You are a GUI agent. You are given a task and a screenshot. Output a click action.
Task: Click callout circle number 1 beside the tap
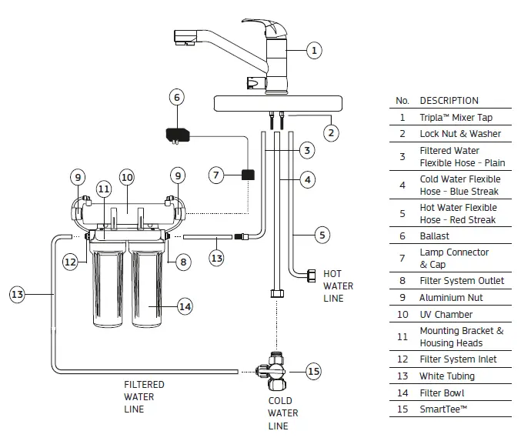[313, 51]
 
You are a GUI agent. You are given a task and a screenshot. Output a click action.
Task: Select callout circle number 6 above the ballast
[177, 97]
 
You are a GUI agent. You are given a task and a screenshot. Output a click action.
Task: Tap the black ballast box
[181, 135]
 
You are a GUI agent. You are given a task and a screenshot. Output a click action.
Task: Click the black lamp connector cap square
[248, 174]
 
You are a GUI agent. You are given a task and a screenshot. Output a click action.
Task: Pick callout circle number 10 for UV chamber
[127, 177]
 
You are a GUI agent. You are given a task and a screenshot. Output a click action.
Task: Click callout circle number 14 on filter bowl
[185, 306]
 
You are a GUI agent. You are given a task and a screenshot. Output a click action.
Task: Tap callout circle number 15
[313, 372]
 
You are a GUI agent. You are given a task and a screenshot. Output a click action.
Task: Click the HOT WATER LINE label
[338, 286]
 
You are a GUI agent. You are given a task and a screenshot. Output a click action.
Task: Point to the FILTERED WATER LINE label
[144, 397]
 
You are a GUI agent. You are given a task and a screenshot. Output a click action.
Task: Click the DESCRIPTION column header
[449, 101]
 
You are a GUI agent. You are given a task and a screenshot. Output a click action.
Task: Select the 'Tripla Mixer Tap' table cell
[456, 118]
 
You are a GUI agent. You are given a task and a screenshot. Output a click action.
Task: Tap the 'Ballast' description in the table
[435, 236]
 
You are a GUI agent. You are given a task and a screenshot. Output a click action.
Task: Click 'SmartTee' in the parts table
[442, 409]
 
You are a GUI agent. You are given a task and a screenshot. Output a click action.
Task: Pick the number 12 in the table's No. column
[402, 359]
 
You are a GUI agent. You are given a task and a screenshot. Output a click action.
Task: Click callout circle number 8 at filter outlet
[182, 262]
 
